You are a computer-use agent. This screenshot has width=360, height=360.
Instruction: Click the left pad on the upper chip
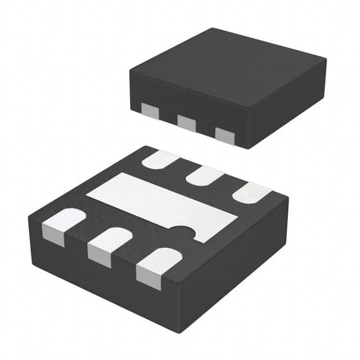coord(148,110)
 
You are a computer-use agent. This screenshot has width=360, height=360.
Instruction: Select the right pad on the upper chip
coord(224,135)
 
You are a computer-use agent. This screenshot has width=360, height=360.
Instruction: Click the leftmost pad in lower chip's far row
coord(161,160)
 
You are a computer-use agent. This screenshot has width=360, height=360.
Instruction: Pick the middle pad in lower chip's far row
coord(205,176)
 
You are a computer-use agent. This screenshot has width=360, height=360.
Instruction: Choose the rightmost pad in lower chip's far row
coord(251,193)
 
